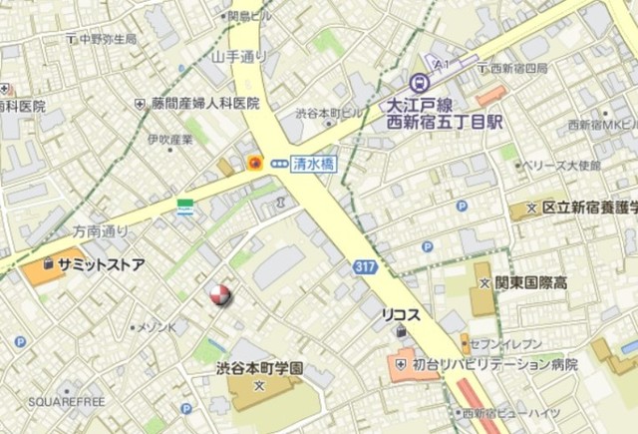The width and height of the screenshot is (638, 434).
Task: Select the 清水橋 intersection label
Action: [x=313, y=162]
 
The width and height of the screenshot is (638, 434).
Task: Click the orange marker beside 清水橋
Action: [x=255, y=162]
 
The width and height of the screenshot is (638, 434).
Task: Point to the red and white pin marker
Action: [x=219, y=294]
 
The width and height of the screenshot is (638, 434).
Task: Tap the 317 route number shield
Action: [x=365, y=266]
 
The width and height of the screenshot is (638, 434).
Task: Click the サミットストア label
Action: [x=101, y=265]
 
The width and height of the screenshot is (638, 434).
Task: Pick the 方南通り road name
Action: [x=101, y=230]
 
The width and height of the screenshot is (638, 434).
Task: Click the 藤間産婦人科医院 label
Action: [x=205, y=103]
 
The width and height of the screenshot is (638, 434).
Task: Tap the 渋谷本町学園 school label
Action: [x=260, y=367]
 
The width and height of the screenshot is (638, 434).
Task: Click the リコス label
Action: [x=402, y=314]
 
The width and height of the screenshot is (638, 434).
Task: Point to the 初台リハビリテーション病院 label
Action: [x=494, y=365]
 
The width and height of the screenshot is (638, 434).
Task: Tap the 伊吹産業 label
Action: [x=169, y=140]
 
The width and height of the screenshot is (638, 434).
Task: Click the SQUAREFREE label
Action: [x=67, y=401]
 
